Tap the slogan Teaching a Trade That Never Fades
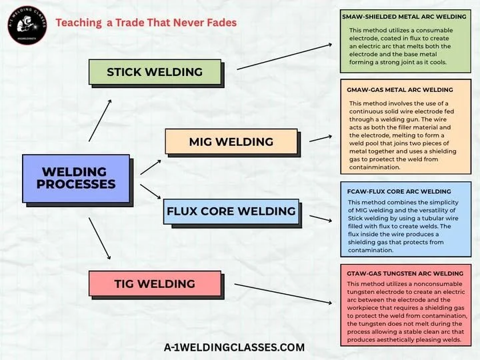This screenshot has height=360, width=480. (146, 23)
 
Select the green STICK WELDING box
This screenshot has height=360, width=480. (155, 72)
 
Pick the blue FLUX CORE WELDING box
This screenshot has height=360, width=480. (231, 211)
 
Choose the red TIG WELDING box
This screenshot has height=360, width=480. (155, 284)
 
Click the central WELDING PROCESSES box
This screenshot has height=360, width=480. (76, 178)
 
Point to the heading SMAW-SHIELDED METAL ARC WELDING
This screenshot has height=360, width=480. (405, 16)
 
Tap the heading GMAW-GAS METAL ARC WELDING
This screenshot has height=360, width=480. (400, 89)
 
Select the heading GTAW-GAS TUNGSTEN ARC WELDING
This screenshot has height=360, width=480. (405, 273)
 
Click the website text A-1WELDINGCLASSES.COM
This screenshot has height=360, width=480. (234, 347)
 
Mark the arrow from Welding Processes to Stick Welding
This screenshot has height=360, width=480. (101, 120)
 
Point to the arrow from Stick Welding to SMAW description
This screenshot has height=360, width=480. (285, 57)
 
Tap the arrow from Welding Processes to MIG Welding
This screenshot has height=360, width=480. (151, 167)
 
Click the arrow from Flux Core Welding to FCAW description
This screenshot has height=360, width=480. (317, 219)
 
